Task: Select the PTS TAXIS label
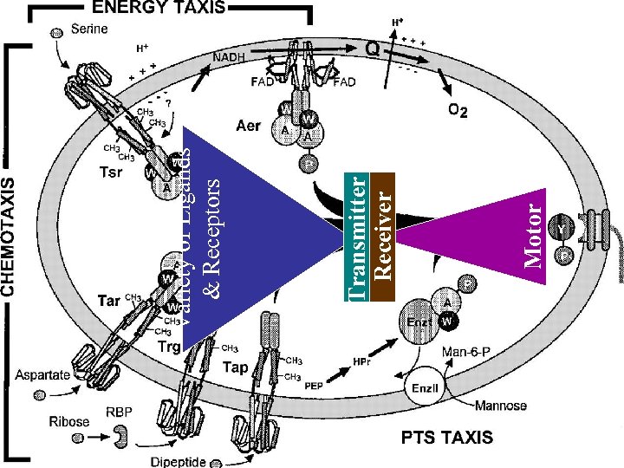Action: click(446, 437)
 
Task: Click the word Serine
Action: click(89, 29)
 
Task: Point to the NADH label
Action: click(228, 56)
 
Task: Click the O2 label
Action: click(459, 111)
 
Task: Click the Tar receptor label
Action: click(107, 301)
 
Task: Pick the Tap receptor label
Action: click(237, 367)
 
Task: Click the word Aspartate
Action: click(42, 374)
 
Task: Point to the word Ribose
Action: click(68, 421)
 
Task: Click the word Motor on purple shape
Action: click(536, 232)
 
